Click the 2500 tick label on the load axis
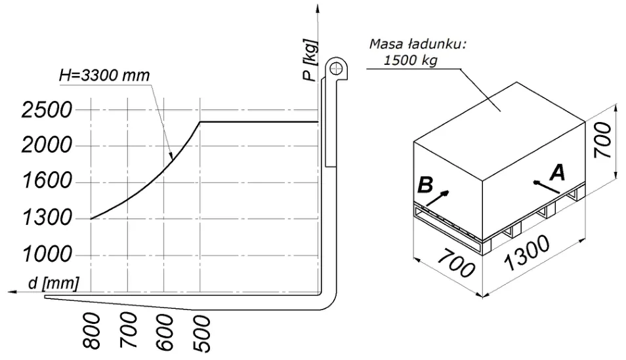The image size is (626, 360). pos(47,110)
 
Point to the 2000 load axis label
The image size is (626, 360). pos(47,146)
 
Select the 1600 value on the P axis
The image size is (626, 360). pos(47,181)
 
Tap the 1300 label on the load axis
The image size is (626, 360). pos(47,218)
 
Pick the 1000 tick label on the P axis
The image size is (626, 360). pos(47,254)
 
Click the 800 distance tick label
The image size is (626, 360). pos(92,331)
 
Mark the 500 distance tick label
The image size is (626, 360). pos(201,334)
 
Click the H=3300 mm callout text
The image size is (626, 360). pos(104,75)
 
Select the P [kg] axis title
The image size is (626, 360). pos(310,60)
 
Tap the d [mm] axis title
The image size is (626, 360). pos(54,283)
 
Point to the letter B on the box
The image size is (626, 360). pos(425,185)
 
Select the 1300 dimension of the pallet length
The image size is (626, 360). pos(527,254)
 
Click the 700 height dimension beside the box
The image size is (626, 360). pos(602,140)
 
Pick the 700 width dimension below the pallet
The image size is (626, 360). pos(456,264)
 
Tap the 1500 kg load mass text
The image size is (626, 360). pos(410,60)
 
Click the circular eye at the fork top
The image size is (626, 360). pos(336,69)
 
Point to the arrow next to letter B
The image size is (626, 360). pos(438,198)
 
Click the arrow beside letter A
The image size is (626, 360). pos(546,187)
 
